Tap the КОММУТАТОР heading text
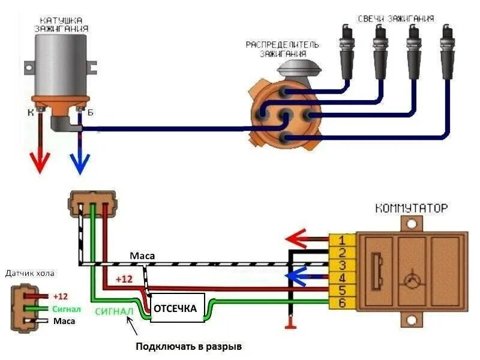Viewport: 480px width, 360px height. coord(411,209)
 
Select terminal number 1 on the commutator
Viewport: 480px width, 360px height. coord(340,239)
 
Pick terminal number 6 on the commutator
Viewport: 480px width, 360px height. coord(340,304)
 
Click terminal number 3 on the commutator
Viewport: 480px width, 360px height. coord(340,265)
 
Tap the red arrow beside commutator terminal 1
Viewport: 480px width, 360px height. coord(300,239)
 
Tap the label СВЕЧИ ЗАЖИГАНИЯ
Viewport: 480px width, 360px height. coord(396,18)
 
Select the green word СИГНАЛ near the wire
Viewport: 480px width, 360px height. coord(114,311)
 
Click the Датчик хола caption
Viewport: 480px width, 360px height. coord(30,274)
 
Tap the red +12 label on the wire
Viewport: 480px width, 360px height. coord(124,279)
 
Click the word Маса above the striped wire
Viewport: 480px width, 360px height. coord(142,256)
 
